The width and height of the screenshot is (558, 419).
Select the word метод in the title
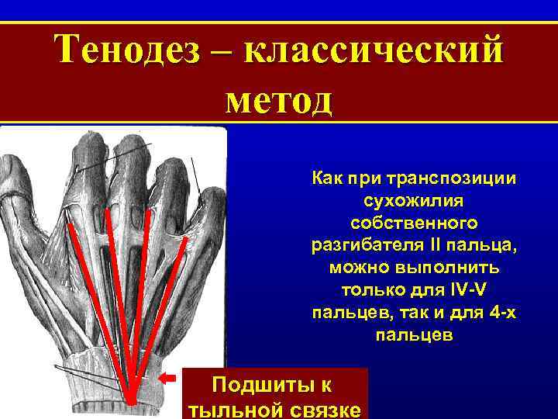tap(279, 99)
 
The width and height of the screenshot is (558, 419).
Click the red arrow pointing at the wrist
tap(167, 378)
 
